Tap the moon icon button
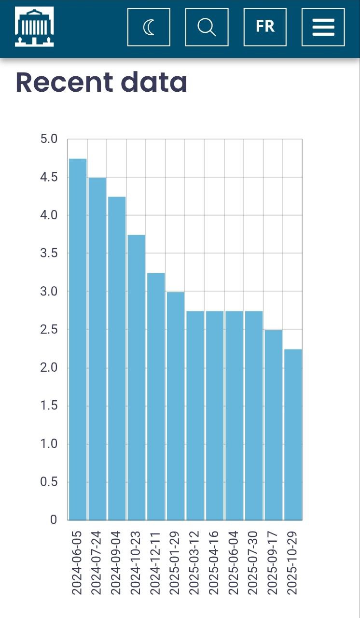click(149, 27)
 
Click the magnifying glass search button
click(207, 27)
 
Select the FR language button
click(265, 27)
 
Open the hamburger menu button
click(323, 27)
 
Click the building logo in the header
click(34, 27)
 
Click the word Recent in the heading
click(64, 83)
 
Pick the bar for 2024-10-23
click(137, 377)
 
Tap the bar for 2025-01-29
click(176, 406)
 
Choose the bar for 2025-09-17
click(273, 425)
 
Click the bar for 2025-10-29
click(293, 435)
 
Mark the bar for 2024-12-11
click(156, 396)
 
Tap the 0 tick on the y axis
click(53, 520)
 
